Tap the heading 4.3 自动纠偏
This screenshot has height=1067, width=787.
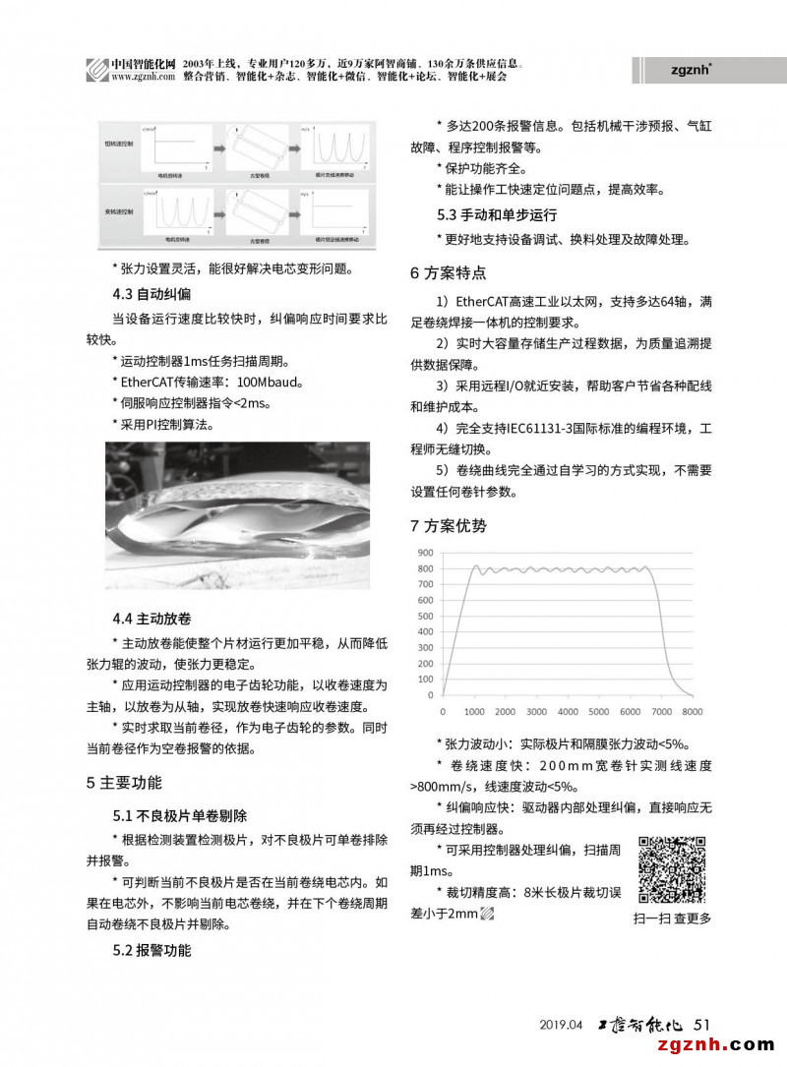151,293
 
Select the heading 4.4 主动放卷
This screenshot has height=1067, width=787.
151,619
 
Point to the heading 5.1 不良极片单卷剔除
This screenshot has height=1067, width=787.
179,816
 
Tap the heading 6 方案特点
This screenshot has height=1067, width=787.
448,273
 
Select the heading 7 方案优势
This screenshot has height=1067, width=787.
448,525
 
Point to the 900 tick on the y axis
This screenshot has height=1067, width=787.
425,552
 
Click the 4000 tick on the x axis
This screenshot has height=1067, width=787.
568,711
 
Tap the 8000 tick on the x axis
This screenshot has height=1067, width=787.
693,711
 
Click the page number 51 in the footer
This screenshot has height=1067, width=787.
701,1024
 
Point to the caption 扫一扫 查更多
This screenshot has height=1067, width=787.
673,919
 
